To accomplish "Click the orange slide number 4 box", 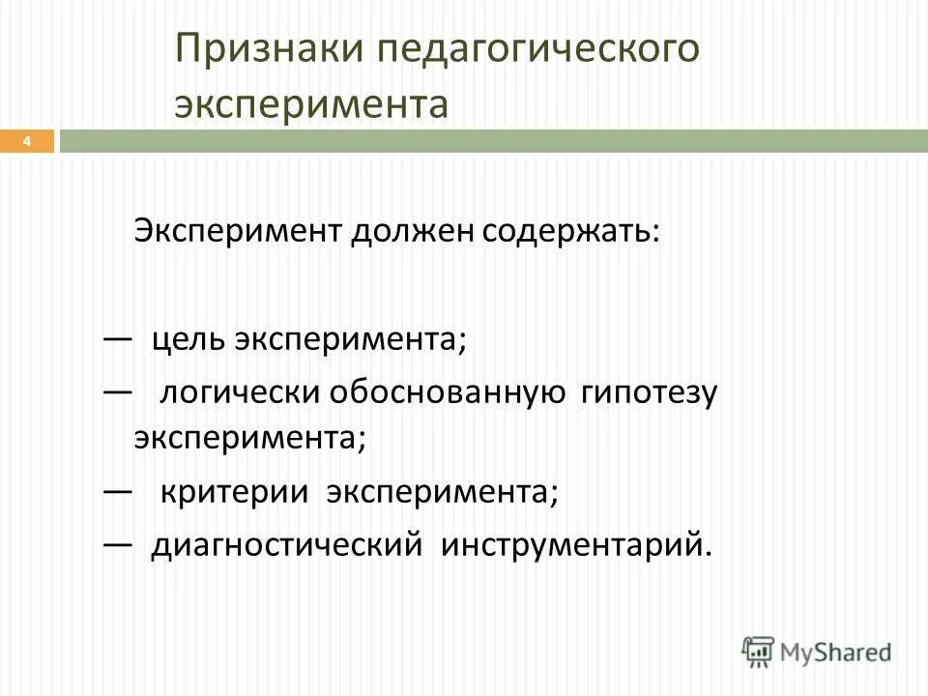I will (x=27, y=142).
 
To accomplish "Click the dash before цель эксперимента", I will (x=117, y=339).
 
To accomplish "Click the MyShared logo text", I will (x=836, y=652).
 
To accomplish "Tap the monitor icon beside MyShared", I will (x=760, y=651).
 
